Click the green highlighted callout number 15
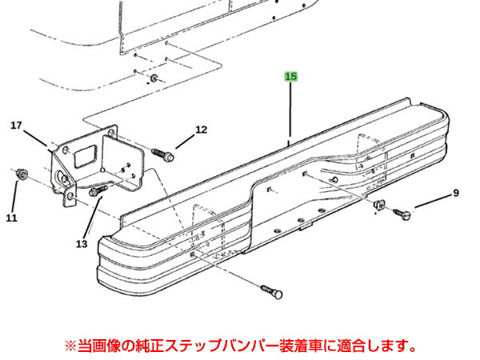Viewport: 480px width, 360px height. pyautogui.click(x=291, y=76)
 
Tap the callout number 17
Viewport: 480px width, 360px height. pyautogui.click(x=16, y=126)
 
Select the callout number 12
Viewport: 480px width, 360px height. pyautogui.click(x=201, y=130)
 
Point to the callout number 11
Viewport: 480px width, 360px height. pyautogui.click(x=12, y=218)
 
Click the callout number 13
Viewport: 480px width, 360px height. pyautogui.click(x=82, y=244)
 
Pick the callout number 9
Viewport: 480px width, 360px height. pyautogui.click(x=456, y=193)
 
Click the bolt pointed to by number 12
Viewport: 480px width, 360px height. pyautogui.click(x=163, y=154)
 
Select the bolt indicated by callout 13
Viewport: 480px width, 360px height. pyautogui.click(x=98, y=190)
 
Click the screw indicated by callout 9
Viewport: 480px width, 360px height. pyautogui.click(x=402, y=214)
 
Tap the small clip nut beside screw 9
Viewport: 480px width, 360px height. pyautogui.click(x=379, y=204)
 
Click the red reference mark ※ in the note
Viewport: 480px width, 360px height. pyautogui.click(x=70, y=346)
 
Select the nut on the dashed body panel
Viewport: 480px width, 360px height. pyautogui.click(x=154, y=78)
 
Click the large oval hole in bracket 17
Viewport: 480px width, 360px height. pyautogui.click(x=62, y=178)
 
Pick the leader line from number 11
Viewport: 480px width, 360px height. pyautogui.click(x=14, y=197)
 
